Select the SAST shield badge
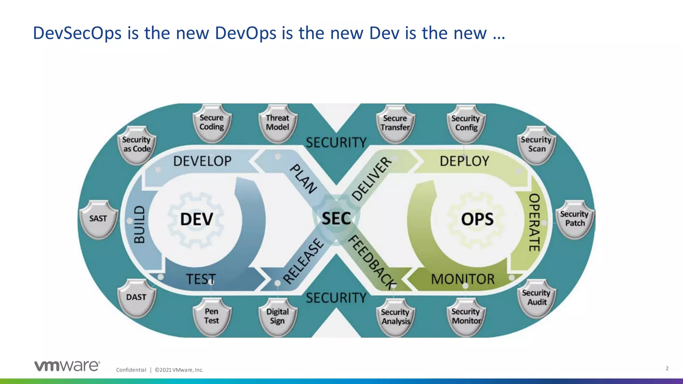pyautogui.click(x=98, y=219)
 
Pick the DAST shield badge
pyautogui.click(x=136, y=297)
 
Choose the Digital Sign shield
pyautogui.click(x=277, y=316)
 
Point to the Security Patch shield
pyautogui.click(x=575, y=219)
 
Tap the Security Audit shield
pyautogui.click(x=537, y=298)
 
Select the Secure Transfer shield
pyautogui.click(x=395, y=123)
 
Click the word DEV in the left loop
pyautogui.click(x=196, y=219)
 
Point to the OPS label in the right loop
pyautogui.click(x=477, y=219)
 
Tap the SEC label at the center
pyautogui.click(x=336, y=219)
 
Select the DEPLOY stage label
pyautogui.click(x=464, y=161)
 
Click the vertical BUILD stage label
pyautogui.click(x=139, y=224)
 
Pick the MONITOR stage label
pyautogui.click(x=463, y=279)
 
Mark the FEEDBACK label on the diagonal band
pyautogui.click(x=373, y=262)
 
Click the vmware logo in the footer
pyautogui.click(x=67, y=366)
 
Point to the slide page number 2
pyautogui.click(x=667, y=368)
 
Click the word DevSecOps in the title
pyautogui.click(x=77, y=33)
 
